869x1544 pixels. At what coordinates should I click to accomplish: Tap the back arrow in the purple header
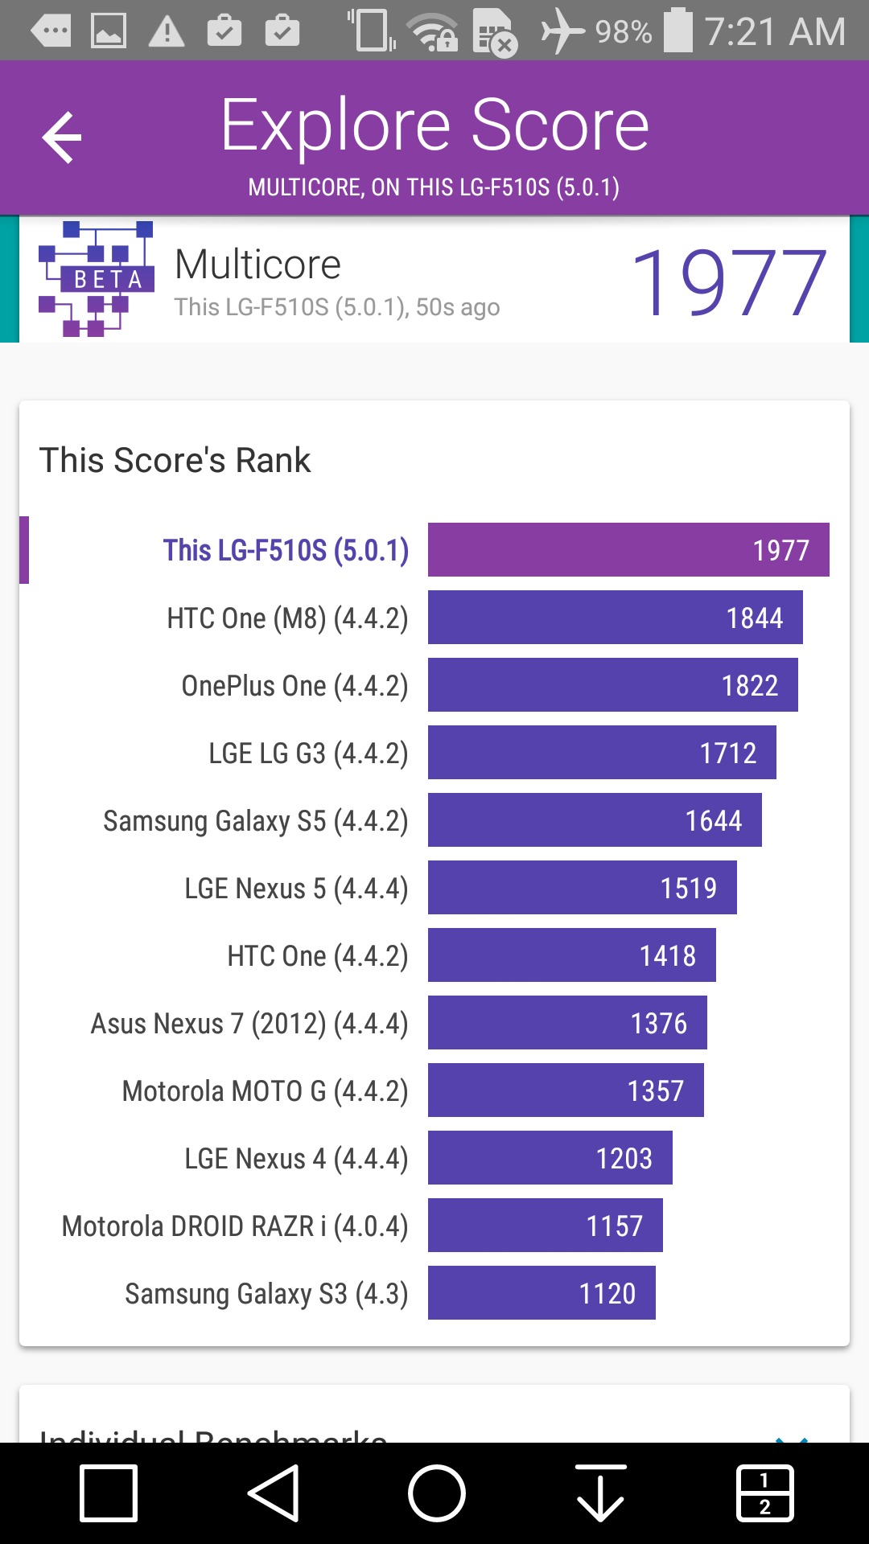coord(62,138)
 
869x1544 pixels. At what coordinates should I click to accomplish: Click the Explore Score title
coord(434,125)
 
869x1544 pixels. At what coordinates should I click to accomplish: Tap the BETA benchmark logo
coord(96,278)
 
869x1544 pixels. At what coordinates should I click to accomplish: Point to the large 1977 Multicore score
coord(728,282)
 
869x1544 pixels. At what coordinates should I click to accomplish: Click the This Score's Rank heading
coord(175,460)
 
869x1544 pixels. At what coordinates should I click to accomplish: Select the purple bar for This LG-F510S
coord(628,550)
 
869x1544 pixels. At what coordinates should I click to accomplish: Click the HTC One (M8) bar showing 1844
coord(615,618)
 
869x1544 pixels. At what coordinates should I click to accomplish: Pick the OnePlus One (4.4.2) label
coord(294,686)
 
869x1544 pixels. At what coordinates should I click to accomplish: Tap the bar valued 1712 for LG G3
coord(602,753)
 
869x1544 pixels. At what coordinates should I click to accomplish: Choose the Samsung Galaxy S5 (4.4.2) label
coord(256,821)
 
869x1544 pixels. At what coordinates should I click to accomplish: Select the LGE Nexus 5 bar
coord(582,888)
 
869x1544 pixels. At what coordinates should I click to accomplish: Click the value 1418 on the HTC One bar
coord(667,956)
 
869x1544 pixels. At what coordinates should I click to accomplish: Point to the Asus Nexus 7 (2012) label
coord(249,1024)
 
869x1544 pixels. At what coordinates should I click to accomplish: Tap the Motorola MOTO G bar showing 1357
coord(566,1090)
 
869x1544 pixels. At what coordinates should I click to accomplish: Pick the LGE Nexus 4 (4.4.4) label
coord(296,1159)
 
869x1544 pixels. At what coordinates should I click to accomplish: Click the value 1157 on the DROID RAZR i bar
coord(614,1226)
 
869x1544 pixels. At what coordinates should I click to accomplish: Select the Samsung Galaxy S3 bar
coord(542,1293)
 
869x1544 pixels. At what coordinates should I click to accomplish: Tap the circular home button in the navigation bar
coord(436,1493)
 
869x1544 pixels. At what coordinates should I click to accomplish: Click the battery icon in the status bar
coord(677,31)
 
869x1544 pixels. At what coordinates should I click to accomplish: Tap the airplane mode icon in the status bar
coord(562,32)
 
